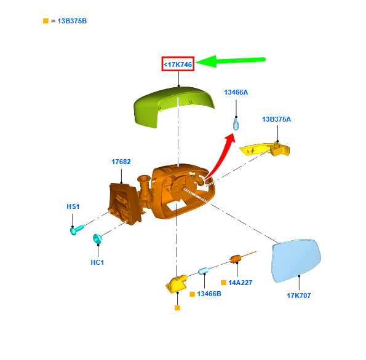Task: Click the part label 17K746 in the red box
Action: click(178, 65)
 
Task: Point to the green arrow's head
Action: click(206, 61)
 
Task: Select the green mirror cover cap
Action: click(173, 107)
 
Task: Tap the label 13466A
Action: click(236, 92)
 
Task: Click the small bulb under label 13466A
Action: click(236, 124)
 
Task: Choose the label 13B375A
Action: click(276, 119)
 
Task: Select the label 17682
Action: click(121, 162)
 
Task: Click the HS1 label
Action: click(73, 206)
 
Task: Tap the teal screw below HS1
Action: click(76, 230)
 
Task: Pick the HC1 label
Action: click(97, 262)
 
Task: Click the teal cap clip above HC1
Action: click(97, 238)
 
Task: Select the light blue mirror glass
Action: click(296, 260)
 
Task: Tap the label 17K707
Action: click(299, 295)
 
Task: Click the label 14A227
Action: click(240, 283)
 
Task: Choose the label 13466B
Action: click(209, 294)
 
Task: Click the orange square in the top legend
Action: click(46, 21)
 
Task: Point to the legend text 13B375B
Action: click(72, 21)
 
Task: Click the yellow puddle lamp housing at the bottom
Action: click(177, 284)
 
